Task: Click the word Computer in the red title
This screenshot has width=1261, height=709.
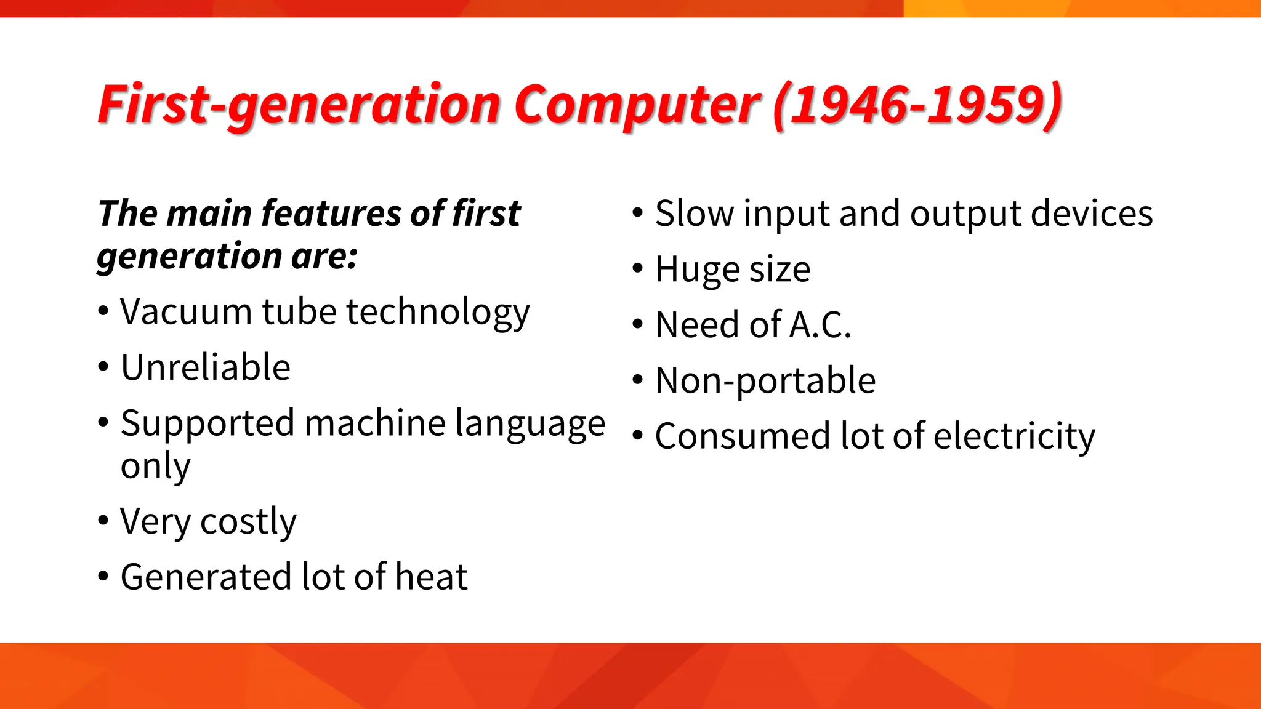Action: pos(637,106)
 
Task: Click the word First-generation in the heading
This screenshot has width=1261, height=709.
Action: pos(299,106)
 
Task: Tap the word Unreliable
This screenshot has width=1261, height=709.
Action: pos(206,367)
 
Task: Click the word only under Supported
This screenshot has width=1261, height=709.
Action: pos(155,467)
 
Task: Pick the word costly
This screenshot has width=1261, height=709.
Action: pos(248,522)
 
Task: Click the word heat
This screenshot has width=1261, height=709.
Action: pos(431,577)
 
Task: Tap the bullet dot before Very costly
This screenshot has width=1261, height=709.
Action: pos(103,521)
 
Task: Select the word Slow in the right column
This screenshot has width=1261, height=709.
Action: pos(694,214)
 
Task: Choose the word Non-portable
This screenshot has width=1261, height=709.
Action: pos(765,380)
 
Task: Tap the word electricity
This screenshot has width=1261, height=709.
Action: pos(1014,436)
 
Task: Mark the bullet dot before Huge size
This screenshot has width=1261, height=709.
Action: pos(638,268)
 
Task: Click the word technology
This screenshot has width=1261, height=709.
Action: pos(438,311)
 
